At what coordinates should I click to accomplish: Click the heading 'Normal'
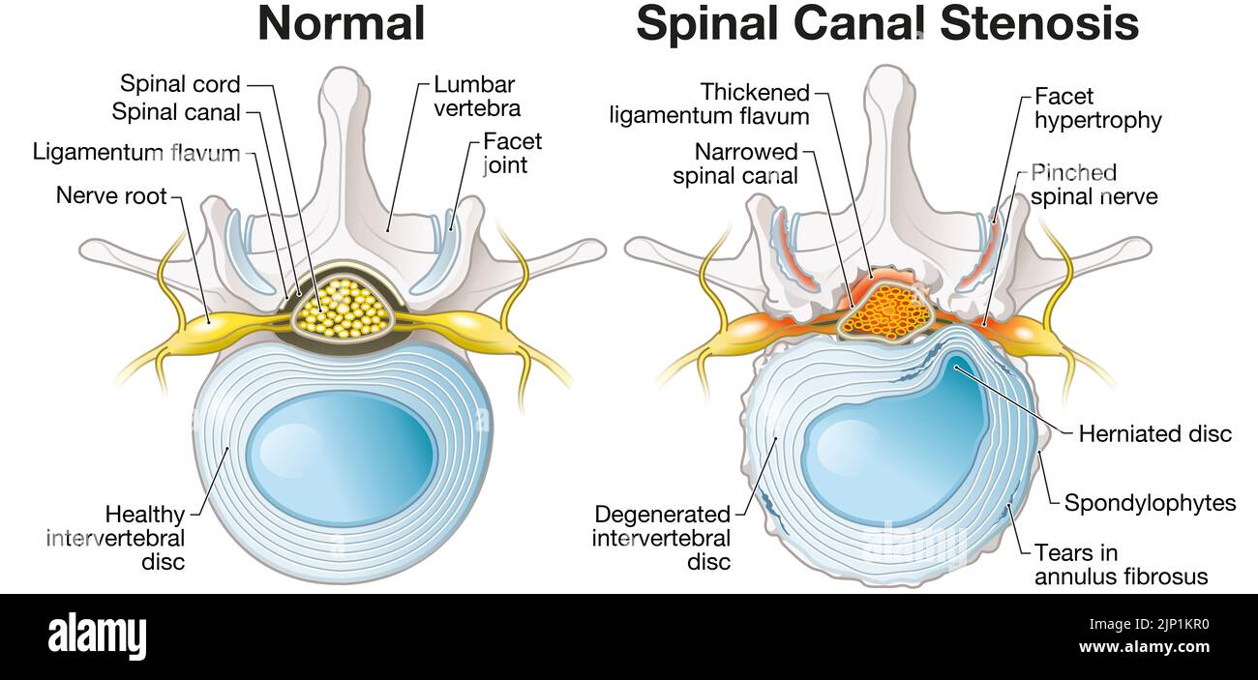tap(341, 24)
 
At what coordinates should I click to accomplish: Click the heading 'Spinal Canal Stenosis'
tap(886, 24)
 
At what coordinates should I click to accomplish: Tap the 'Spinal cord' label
tap(180, 84)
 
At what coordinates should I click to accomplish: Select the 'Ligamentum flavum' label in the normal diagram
tap(135, 152)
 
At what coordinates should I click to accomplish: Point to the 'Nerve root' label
tap(111, 195)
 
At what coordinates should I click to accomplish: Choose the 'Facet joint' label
tap(512, 153)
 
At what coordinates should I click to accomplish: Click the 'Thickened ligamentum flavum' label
tap(709, 104)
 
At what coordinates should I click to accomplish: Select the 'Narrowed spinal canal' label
tap(735, 163)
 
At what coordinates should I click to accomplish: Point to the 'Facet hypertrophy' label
tap(1097, 108)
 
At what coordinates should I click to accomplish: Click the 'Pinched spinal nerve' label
tap(1093, 185)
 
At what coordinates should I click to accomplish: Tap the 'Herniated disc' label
tap(1154, 433)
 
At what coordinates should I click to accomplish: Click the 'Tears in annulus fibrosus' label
tap(1121, 565)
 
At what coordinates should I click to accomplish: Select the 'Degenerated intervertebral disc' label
tap(662, 538)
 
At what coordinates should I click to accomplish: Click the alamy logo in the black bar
tap(97, 636)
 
